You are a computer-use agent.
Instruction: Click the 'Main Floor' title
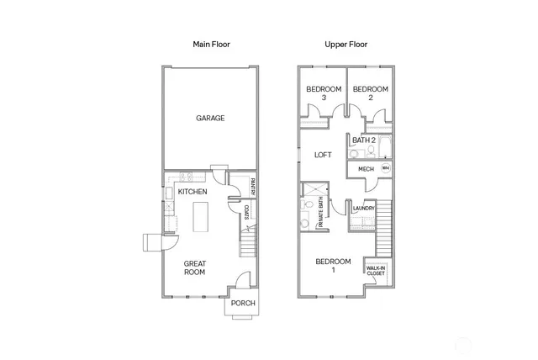(x=210, y=44)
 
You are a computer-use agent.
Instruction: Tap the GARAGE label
(x=210, y=119)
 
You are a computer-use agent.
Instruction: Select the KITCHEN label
(x=193, y=193)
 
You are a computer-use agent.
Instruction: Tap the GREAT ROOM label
(x=194, y=267)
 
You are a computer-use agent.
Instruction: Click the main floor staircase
(x=248, y=243)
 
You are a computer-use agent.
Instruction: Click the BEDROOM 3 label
(x=323, y=93)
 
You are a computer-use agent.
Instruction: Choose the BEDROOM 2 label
(x=370, y=93)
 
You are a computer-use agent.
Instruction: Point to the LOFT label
(x=323, y=155)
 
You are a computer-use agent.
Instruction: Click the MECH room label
(x=366, y=168)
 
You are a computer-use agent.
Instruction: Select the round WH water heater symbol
(x=385, y=168)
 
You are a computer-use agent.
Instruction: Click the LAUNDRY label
(x=363, y=208)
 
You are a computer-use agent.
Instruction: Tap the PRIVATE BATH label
(x=320, y=214)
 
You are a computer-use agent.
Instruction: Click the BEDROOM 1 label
(x=332, y=265)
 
